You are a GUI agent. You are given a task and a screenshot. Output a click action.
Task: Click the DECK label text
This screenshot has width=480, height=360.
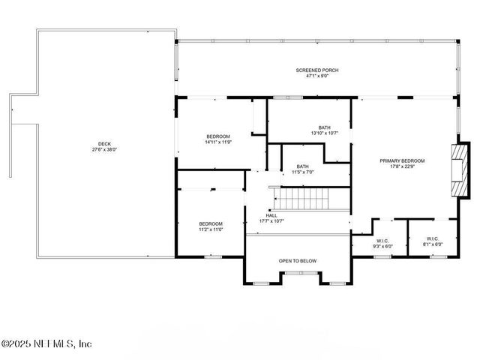pyautogui.click(x=103, y=144)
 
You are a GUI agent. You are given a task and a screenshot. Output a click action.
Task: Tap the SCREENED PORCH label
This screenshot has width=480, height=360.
pyautogui.click(x=317, y=70)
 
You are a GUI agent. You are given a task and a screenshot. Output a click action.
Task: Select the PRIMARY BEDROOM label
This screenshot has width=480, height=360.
pyautogui.click(x=402, y=160)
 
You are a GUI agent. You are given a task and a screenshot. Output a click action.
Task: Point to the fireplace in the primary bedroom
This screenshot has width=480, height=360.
pyautogui.click(x=457, y=169)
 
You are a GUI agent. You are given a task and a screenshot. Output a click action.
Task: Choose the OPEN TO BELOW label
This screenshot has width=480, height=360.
pyautogui.click(x=298, y=261)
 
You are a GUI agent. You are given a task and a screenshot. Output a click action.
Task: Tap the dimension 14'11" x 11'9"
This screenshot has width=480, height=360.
pyautogui.click(x=218, y=142)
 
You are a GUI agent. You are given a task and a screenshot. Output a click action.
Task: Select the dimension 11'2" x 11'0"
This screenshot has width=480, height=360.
pyautogui.click(x=211, y=229)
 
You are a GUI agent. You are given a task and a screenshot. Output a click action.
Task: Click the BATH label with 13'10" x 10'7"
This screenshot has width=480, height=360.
pyautogui.click(x=324, y=127)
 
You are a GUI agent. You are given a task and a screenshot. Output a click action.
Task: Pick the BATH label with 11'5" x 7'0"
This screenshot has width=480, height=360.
pyautogui.click(x=302, y=166)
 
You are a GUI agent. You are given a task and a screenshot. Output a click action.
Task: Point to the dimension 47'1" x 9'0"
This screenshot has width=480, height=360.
pyautogui.click(x=317, y=76)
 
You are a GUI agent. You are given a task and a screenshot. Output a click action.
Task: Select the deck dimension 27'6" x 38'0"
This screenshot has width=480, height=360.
pyautogui.click(x=103, y=150)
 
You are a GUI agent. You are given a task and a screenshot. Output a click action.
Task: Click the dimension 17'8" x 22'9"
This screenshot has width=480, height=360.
pyautogui.click(x=402, y=166)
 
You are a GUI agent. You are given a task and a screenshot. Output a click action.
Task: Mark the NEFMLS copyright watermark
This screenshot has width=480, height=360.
pyautogui.click(x=46, y=344)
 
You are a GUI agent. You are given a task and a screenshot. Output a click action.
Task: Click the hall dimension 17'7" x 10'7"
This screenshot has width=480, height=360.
pyautogui.click(x=271, y=220)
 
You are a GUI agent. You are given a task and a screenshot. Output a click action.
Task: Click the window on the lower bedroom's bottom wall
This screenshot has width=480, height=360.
pyautogui.click(x=213, y=256)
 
